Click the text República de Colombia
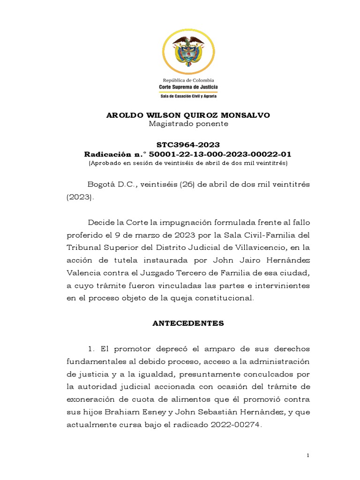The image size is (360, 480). [188, 80]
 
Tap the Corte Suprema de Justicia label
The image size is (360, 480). [188, 87]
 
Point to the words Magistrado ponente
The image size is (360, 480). [188, 124]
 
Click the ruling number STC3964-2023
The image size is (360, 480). [188, 145]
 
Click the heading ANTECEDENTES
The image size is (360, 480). [188, 323]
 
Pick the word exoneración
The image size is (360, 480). [92, 400]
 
